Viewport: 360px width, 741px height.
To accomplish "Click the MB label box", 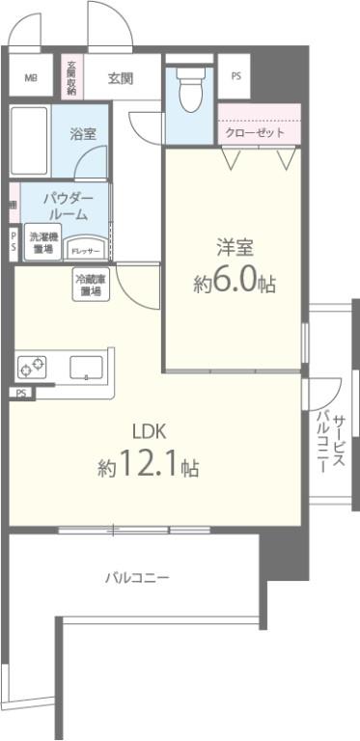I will pyautogui.click(x=31, y=78).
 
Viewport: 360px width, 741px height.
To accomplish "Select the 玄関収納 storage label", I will pyautogui.click(x=71, y=78).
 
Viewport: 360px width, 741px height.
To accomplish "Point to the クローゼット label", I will pyautogui.click(x=254, y=133).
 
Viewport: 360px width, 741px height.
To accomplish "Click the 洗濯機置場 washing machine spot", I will pyautogui.click(x=42, y=242).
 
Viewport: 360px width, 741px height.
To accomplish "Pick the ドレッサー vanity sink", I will pyautogui.click(x=86, y=247).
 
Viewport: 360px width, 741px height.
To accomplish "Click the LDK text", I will pyautogui.click(x=148, y=431).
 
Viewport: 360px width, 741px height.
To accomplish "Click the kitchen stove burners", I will pyautogui.click(x=32, y=367).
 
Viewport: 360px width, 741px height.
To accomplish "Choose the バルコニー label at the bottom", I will pyautogui.click(x=137, y=578).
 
